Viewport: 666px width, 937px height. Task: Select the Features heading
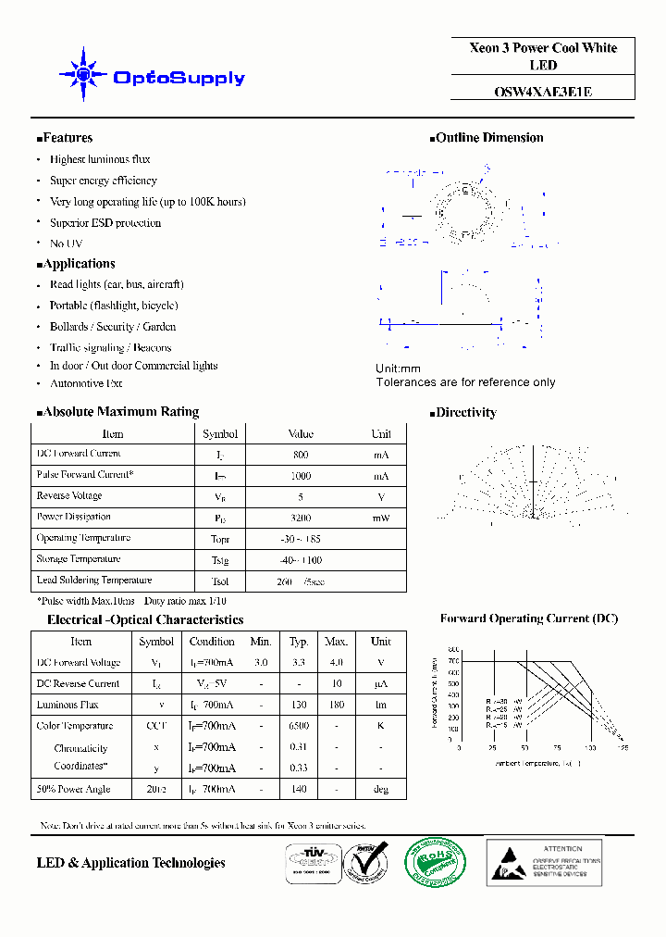pyautogui.click(x=67, y=138)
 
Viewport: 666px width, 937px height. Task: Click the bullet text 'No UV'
pyautogui.click(x=66, y=244)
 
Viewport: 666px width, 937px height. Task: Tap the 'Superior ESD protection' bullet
pyautogui.click(x=105, y=222)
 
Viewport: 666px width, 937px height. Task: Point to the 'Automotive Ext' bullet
pyautogui.click(x=86, y=383)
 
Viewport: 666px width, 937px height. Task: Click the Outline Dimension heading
pyautogui.click(x=488, y=138)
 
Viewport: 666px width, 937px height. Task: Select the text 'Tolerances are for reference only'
pyautogui.click(x=465, y=382)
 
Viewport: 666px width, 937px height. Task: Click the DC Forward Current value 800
pyautogui.click(x=300, y=456)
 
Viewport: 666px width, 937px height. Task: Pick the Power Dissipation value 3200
pyautogui.click(x=300, y=518)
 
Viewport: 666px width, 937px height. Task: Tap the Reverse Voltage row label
pyautogui.click(x=68, y=496)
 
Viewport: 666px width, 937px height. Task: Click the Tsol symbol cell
pyautogui.click(x=219, y=581)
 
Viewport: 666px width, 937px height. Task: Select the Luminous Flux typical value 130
pyautogui.click(x=298, y=706)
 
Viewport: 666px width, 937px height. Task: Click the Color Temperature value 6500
pyautogui.click(x=298, y=726)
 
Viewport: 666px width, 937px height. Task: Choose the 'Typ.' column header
pyautogui.click(x=298, y=642)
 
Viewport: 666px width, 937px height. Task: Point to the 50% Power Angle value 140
pyautogui.click(x=298, y=790)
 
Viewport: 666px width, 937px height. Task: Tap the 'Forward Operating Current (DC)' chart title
pyautogui.click(x=528, y=618)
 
